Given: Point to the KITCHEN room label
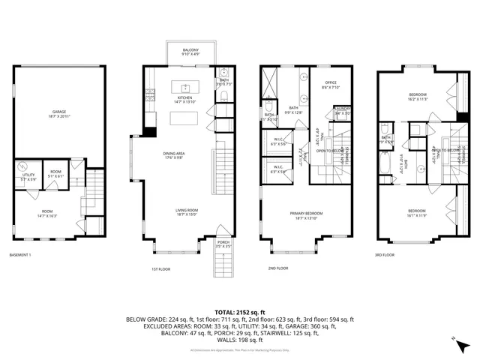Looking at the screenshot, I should [185, 98].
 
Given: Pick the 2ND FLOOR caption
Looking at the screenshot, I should [277, 268].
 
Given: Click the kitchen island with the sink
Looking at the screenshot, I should [184, 86].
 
